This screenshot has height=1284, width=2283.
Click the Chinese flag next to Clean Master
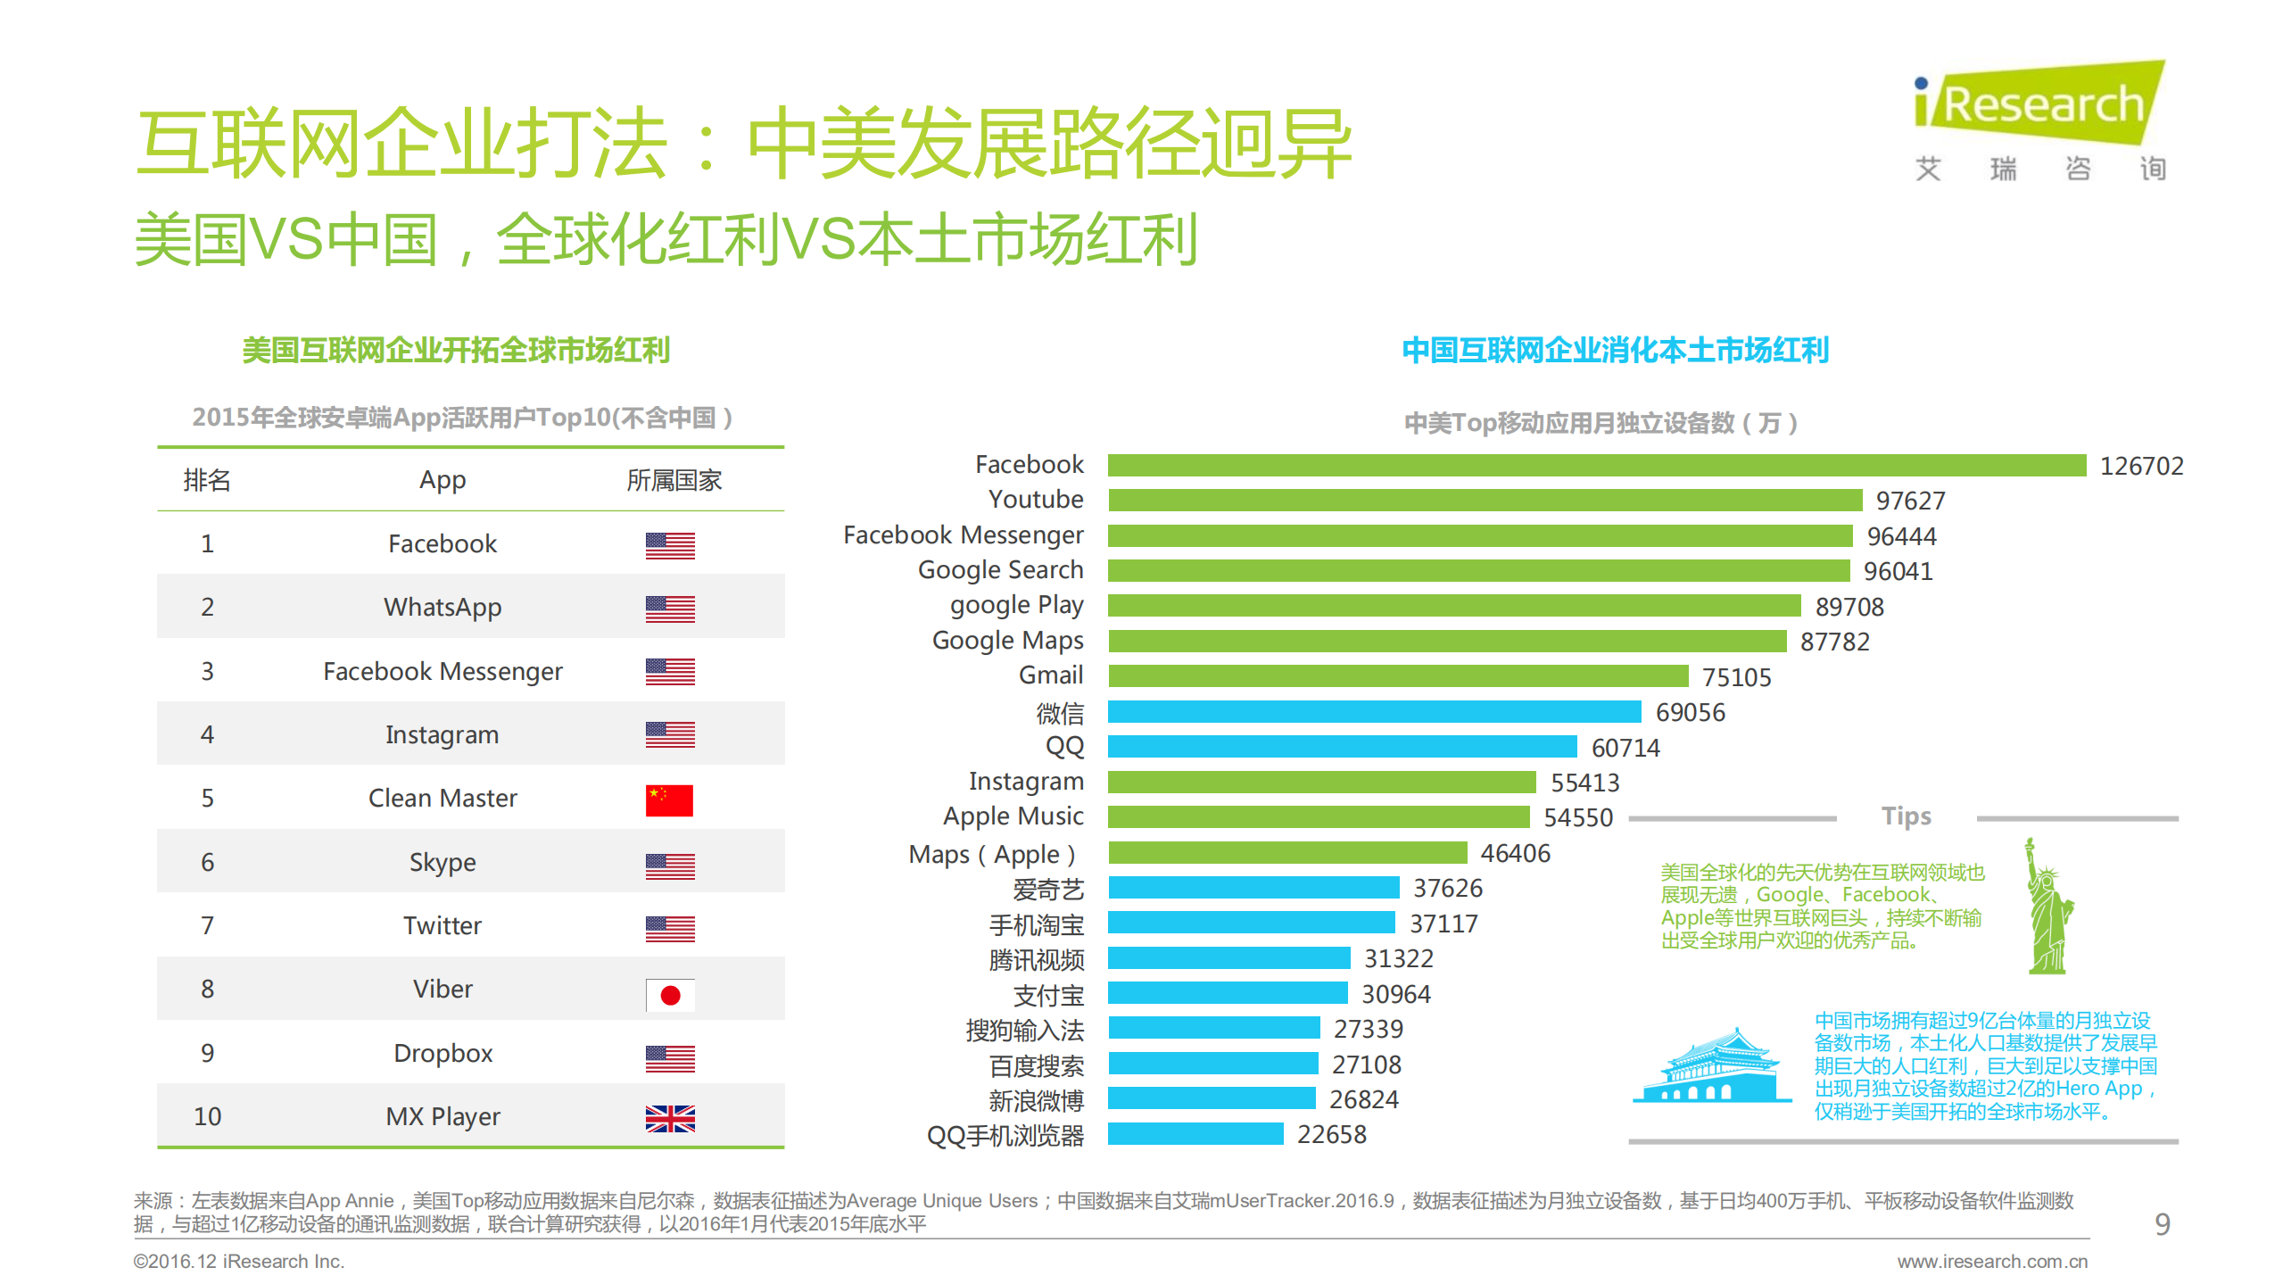click(x=669, y=799)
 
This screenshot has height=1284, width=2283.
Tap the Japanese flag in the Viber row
click(x=670, y=994)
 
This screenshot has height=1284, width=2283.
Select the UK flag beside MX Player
click(x=670, y=1117)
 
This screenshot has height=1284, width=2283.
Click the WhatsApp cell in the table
click(x=443, y=608)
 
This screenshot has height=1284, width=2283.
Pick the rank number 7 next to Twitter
click(x=207, y=925)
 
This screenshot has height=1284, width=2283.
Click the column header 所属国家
click(x=674, y=481)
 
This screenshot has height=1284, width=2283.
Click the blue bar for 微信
click(x=1374, y=711)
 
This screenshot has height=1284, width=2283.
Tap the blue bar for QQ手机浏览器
click(x=1195, y=1134)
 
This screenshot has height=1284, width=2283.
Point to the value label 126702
click(x=2141, y=466)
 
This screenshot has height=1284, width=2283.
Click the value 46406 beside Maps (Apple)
click(x=1515, y=854)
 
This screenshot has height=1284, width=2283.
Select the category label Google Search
click(x=1000, y=570)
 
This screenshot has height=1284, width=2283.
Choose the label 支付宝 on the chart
click(x=1048, y=995)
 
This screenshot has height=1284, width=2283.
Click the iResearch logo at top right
click(x=2039, y=120)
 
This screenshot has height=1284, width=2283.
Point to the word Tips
click(x=1906, y=816)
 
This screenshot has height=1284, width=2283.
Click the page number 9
click(x=2162, y=1223)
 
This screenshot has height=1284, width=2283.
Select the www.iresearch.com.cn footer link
click(x=1991, y=1261)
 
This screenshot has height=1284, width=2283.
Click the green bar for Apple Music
click(x=1318, y=816)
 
